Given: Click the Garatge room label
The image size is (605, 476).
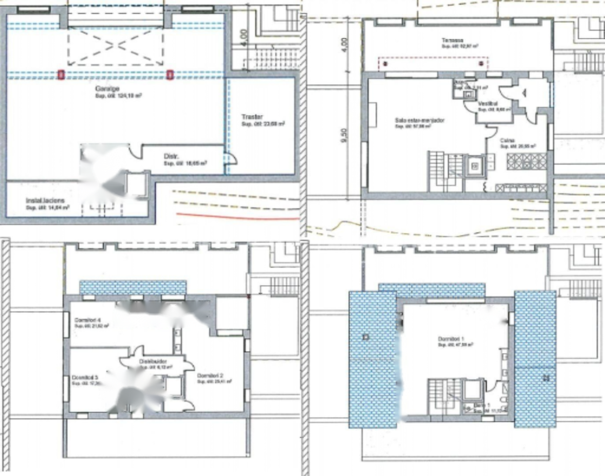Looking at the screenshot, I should click(107, 89).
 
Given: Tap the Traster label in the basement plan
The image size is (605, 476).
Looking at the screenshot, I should click(252, 117).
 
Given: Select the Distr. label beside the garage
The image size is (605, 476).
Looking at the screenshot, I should click(171, 156).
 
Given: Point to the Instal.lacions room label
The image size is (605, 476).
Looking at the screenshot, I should click(45, 201).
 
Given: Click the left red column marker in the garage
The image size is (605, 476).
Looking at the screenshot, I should click(61, 75).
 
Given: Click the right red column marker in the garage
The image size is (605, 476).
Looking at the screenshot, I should click(170, 75).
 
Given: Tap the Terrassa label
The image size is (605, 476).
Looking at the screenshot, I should click(452, 41).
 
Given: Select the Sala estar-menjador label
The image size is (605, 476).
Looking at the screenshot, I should click(420, 121).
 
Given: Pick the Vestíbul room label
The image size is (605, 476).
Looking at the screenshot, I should click(488, 104).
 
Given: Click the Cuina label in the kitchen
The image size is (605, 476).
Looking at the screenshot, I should click(508, 140).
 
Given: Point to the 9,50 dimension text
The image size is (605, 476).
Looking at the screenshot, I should click(344, 135).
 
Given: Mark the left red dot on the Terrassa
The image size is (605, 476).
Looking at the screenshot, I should click(385, 63).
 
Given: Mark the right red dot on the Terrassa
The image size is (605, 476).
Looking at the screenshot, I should click(481, 63).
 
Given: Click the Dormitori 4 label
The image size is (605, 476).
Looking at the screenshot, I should click(87, 320).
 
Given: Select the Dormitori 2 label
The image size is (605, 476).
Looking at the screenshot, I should click(210, 376).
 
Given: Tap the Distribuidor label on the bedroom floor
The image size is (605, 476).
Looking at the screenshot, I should click(153, 362).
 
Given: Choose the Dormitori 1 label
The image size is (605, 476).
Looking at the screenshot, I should click(451, 339).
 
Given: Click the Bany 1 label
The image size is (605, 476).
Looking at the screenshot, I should click(482, 405).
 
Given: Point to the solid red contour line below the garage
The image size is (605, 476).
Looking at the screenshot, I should click(236, 217).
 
